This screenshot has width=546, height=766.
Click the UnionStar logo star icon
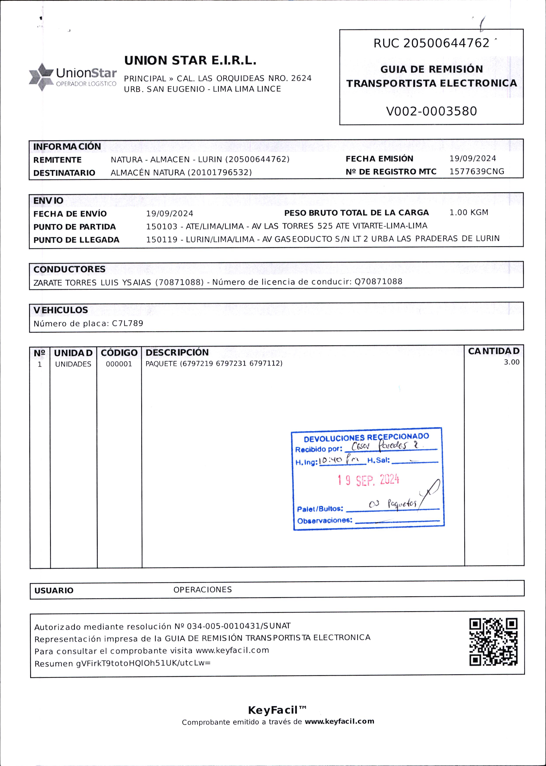41,77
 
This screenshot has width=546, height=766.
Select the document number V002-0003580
431,111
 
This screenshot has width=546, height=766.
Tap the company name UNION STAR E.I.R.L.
190,61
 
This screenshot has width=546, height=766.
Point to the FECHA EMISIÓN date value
473,159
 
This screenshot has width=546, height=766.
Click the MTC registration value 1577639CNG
477,172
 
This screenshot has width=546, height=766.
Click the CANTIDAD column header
494,351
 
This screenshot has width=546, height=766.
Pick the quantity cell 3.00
511,362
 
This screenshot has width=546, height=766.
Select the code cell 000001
119,364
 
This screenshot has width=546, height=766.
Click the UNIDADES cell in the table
73,364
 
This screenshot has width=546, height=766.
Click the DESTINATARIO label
64,173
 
